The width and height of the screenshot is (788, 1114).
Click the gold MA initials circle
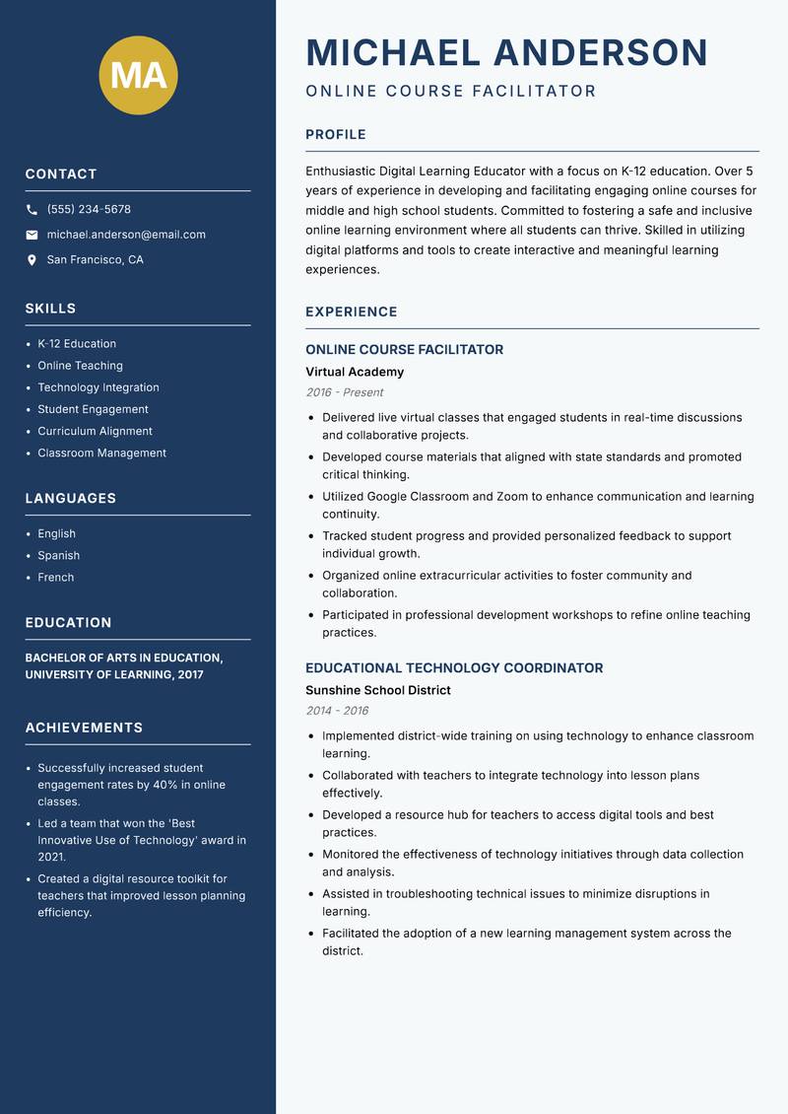[138, 75]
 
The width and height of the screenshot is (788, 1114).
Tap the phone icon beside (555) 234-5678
[33, 210]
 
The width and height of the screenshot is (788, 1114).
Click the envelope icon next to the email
[33, 235]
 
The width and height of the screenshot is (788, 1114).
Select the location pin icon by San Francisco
[33, 260]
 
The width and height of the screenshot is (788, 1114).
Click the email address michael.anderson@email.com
[126, 235]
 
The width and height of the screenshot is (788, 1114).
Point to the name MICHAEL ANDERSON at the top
[506, 52]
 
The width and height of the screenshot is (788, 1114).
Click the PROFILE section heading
[335, 135]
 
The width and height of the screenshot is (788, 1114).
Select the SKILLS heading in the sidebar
[50, 309]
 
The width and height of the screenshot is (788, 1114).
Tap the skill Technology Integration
[98, 387]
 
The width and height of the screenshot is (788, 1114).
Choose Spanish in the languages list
[58, 555]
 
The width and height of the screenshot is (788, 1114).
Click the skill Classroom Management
[101, 453]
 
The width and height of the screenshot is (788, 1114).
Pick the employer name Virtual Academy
[355, 372]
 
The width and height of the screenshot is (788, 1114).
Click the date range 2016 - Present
[344, 392]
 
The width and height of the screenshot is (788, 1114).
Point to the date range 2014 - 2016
[337, 711]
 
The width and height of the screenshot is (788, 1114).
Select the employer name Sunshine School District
[377, 690]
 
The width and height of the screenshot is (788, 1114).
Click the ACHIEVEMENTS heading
[84, 728]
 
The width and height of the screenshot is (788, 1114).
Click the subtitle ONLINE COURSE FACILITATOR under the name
[450, 92]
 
